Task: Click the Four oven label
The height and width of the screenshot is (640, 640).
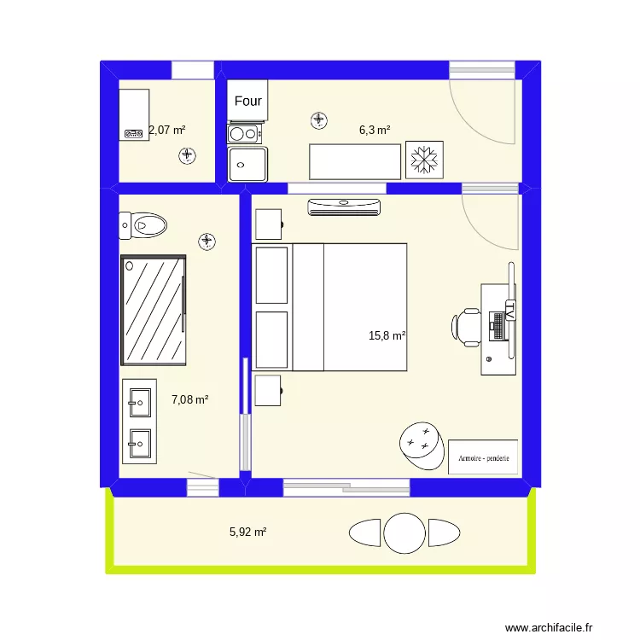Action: click(248, 102)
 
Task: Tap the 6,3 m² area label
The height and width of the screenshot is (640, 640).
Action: click(375, 131)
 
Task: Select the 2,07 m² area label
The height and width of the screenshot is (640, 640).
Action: click(167, 131)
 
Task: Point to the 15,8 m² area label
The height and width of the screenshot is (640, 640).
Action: click(387, 335)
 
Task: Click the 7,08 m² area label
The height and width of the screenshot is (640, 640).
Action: click(190, 399)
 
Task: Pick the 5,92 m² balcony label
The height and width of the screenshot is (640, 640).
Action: click(248, 532)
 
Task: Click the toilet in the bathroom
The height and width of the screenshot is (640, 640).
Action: click(143, 225)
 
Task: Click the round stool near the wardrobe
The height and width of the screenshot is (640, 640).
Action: click(421, 444)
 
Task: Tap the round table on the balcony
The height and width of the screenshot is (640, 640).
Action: click(404, 532)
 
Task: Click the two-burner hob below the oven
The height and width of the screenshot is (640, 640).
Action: click(243, 133)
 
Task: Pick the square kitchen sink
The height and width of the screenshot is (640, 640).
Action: click(247, 163)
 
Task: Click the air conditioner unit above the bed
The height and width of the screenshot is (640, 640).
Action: click(344, 205)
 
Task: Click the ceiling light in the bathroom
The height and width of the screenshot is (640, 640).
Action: click(207, 242)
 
